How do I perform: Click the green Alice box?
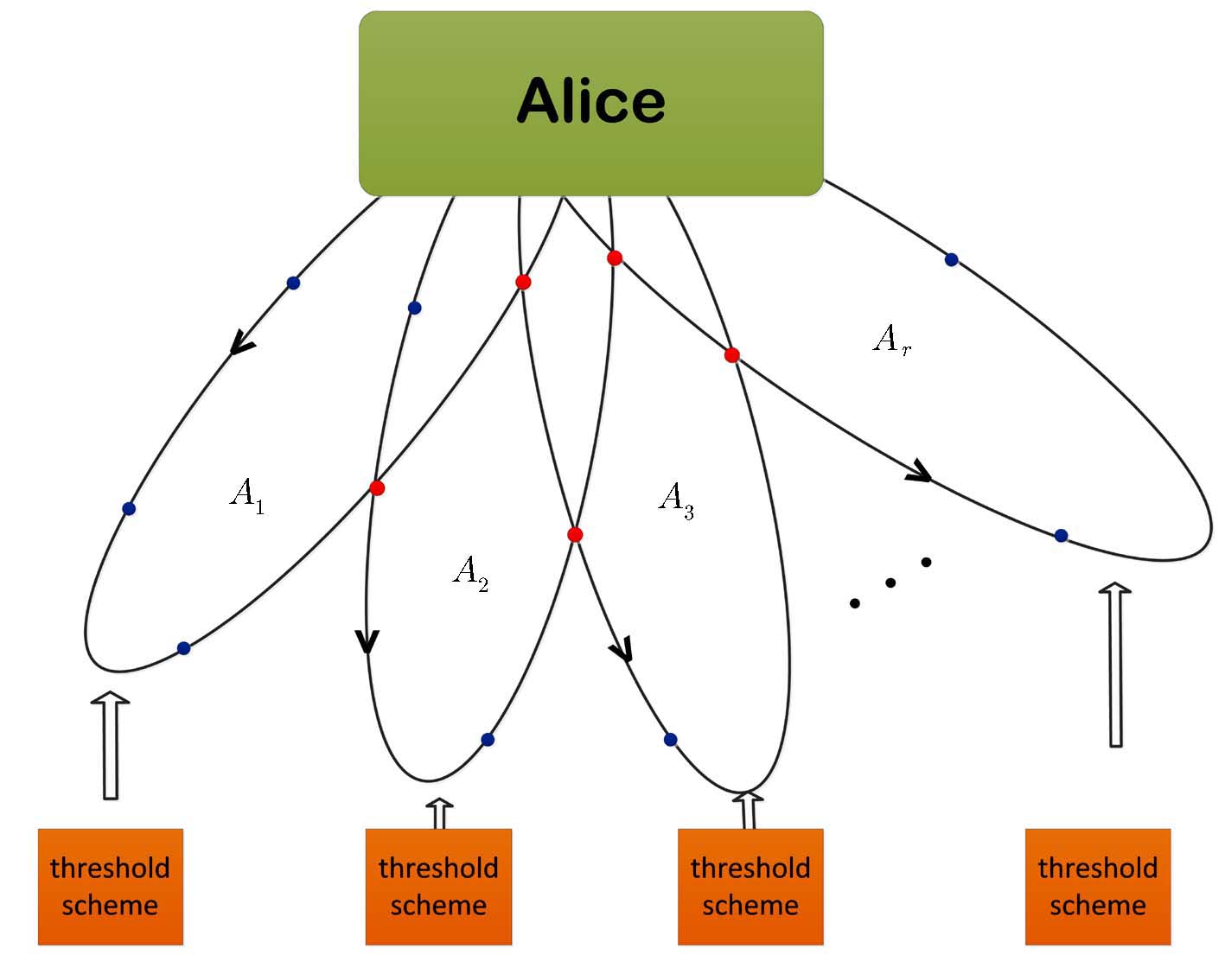pyautogui.click(x=590, y=103)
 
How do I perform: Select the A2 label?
pyautogui.click(x=471, y=573)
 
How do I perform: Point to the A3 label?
pyautogui.click(x=676, y=500)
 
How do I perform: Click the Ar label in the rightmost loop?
pyautogui.click(x=891, y=340)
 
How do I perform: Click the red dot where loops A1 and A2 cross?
pyautogui.click(x=377, y=488)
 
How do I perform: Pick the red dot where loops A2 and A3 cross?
pyautogui.click(x=575, y=535)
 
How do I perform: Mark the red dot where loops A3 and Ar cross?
pyautogui.click(x=732, y=355)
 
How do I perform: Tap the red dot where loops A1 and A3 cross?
pyautogui.click(x=523, y=282)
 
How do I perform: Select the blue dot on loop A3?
pyautogui.click(x=670, y=740)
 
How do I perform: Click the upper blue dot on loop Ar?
pyautogui.click(x=951, y=259)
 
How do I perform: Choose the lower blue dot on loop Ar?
pyautogui.click(x=1061, y=536)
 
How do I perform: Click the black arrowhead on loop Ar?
pyautogui.click(x=919, y=473)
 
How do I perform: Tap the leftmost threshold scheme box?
pyautogui.click(x=111, y=887)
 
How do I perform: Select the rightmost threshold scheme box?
pyautogui.click(x=1097, y=887)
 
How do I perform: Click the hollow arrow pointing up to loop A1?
pyautogui.click(x=111, y=744)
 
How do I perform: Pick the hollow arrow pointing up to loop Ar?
pyautogui.click(x=1115, y=664)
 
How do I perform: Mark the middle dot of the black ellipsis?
pyautogui.click(x=890, y=583)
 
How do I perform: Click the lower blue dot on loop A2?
pyautogui.click(x=488, y=740)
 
